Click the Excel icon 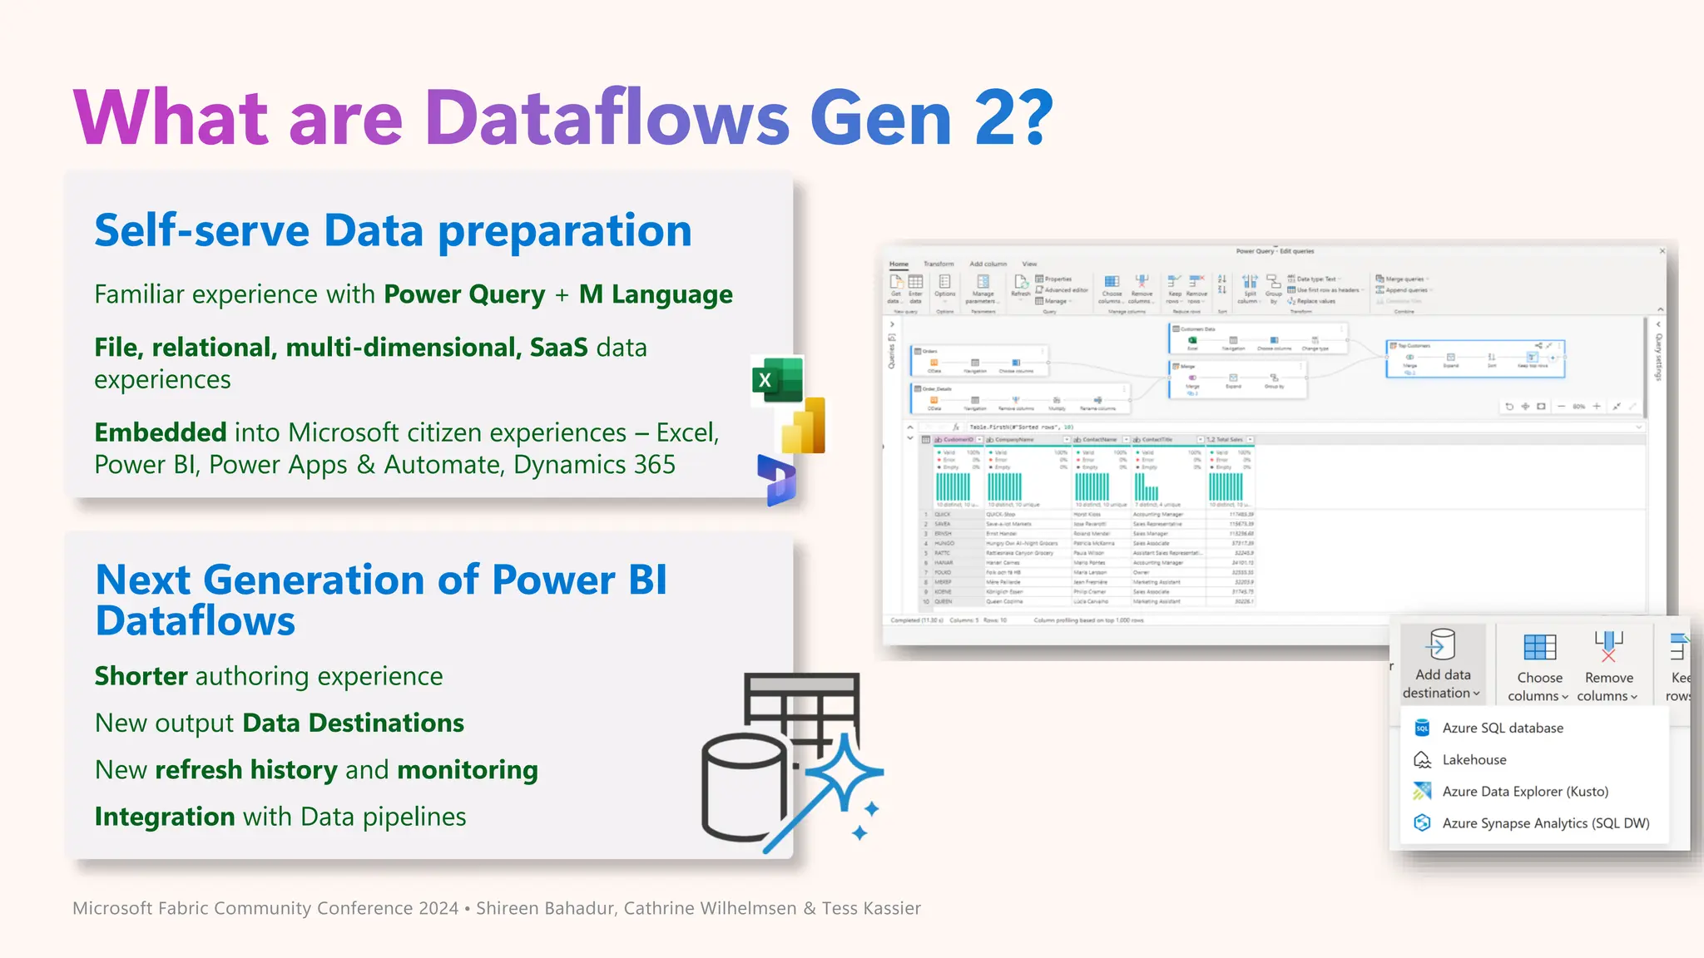[777, 380]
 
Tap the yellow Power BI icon [804, 427]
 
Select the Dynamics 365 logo [777, 481]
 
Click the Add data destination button [1443, 663]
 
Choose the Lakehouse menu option [1474, 759]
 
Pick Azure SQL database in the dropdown [1502, 728]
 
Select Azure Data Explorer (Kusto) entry [1524, 791]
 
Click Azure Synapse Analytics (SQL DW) [1545, 822]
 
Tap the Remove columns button [1607, 666]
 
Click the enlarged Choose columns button [1538, 666]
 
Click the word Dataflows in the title [607, 118]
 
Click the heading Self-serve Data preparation [393, 230]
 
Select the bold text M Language [656, 294]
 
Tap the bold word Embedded [161, 432]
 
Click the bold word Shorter [141, 676]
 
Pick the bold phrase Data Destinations [354, 723]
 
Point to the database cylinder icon [743, 786]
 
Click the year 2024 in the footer [438, 908]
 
